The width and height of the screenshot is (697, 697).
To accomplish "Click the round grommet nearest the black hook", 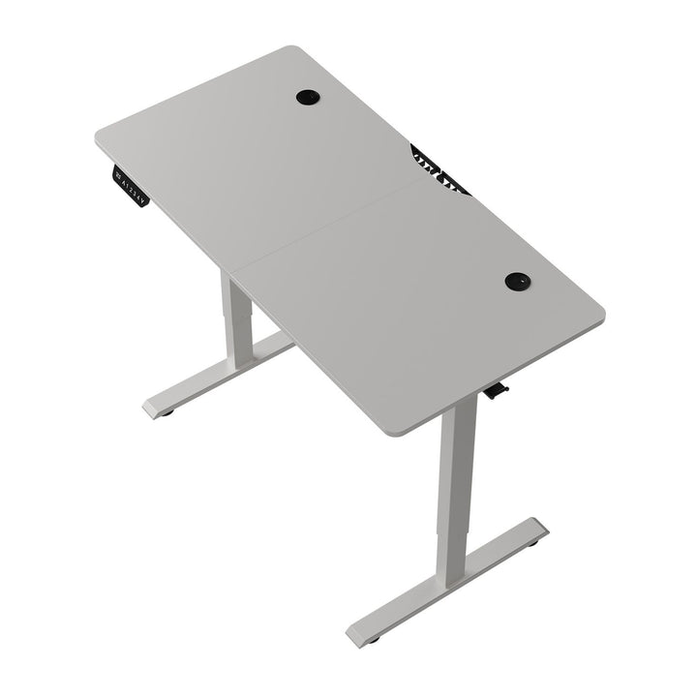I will tap(517, 281).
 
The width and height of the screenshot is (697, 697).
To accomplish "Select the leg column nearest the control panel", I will tap(236, 319).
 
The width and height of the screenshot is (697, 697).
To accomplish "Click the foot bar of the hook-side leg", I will tap(445, 586).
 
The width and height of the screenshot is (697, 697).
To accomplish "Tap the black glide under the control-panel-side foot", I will tap(167, 413).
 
